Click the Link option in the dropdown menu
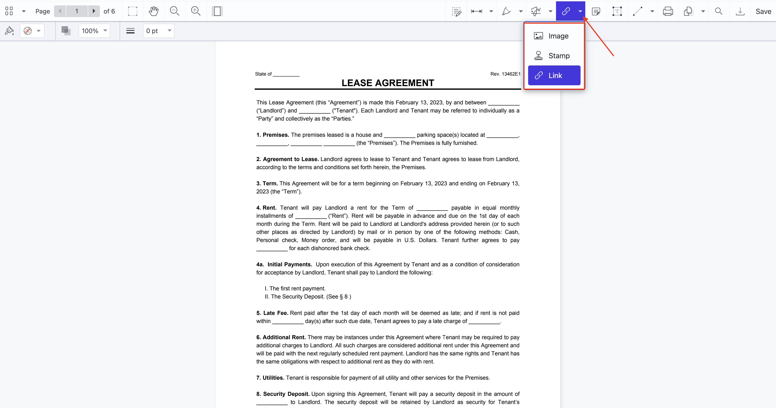tap(554, 75)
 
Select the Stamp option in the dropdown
tap(554, 56)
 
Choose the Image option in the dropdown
tap(554, 36)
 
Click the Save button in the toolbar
tap(763, 11)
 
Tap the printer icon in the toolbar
tap(668, 11)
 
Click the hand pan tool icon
tap(154, 11)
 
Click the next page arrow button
tap(94, 11)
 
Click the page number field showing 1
tap(77, 11)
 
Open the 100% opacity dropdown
tap(94, 31)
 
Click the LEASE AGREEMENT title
tap(388, 83)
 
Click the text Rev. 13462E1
tap(505, 74)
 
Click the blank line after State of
tap(286, 74)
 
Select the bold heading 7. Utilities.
tap(270, 378)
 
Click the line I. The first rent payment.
tap(295, 288)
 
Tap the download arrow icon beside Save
tap(740, 11)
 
